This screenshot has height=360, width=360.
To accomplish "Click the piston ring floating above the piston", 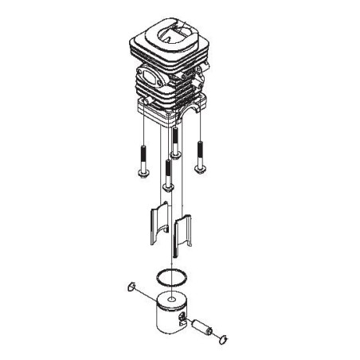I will coord(171,276).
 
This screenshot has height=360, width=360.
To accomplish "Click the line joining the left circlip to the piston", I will coord(147,297).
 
